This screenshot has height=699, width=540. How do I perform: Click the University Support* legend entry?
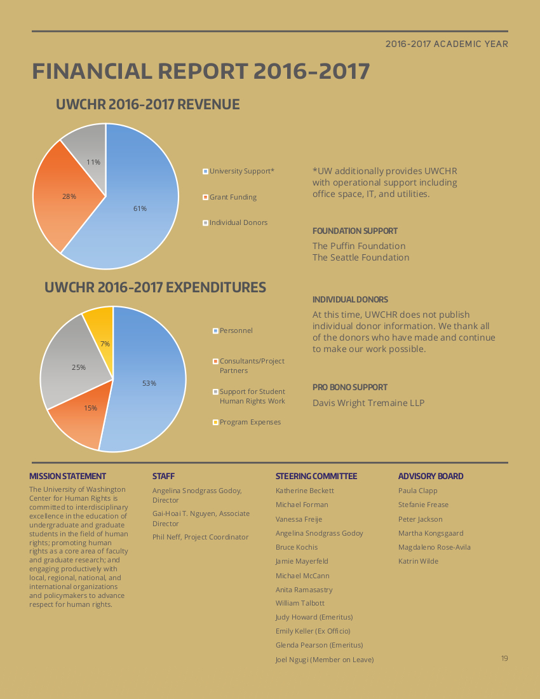click(238, 171)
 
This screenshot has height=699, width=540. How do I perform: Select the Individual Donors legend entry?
click(235, 222)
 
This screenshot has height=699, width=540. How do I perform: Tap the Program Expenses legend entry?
click(247, 422)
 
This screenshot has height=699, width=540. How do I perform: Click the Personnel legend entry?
click(233, 331)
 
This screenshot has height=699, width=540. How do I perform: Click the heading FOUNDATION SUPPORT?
click(355, 231)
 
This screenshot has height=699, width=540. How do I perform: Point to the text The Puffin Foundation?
click(359, 246)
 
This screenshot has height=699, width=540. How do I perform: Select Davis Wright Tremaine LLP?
click(368, 403)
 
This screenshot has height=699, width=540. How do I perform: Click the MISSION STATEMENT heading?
click(68, 476)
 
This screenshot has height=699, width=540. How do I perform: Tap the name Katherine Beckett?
click(305, 491)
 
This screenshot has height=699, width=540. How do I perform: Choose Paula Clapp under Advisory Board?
click(418, 491)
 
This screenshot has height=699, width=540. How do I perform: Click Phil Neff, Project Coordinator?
click(201, 537)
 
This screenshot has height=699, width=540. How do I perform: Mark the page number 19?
click(504, 658)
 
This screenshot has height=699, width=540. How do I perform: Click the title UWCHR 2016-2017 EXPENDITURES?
click(155, 287)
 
